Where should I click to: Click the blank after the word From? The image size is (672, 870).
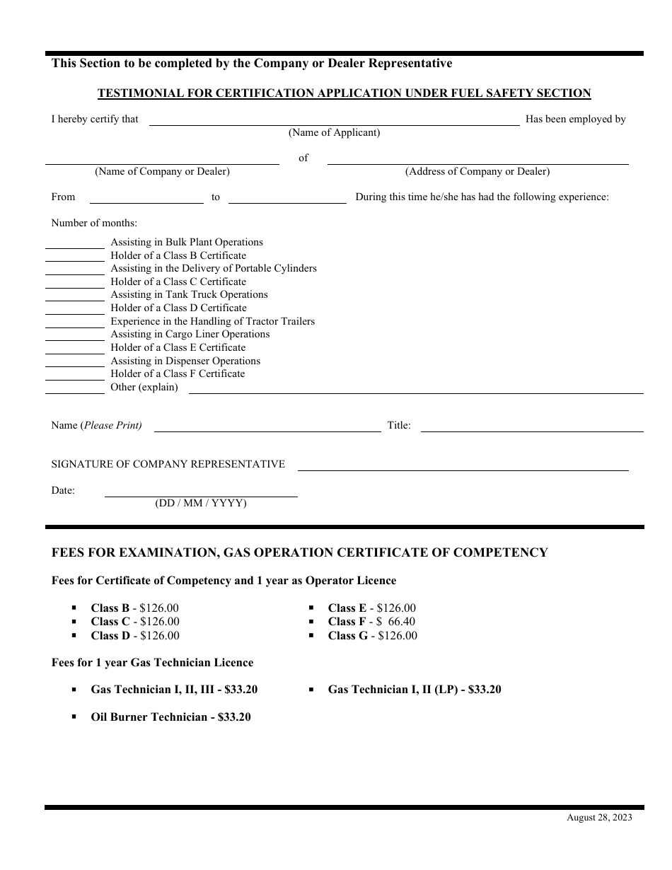coord(146,198)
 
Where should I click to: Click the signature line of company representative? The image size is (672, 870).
coord(463,465)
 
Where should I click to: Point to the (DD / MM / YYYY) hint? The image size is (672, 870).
coord(201,504)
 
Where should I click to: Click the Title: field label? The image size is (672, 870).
coord(399,426)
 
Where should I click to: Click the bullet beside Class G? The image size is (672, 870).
coord(311,635)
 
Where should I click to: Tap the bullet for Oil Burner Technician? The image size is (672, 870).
coord(74,717)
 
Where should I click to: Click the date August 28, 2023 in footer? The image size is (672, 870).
coord(599,818)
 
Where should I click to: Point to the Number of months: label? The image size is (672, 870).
coord(94,224)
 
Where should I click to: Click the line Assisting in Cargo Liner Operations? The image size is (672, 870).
coord(190,335)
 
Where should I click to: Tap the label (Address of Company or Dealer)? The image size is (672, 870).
coord(477,172)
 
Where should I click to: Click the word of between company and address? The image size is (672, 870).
coord(303,158)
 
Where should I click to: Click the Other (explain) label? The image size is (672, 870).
coord(144,388)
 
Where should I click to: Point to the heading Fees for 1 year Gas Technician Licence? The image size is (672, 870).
coord(152,663)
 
